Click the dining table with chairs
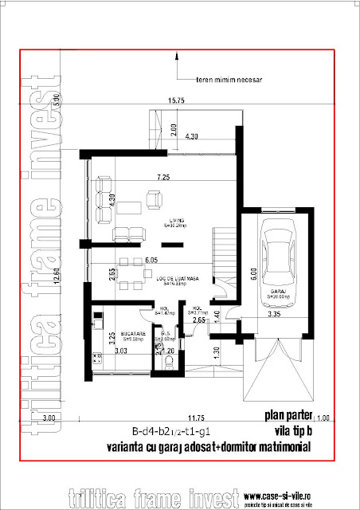click(136, 270)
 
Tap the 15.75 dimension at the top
click(176, 100)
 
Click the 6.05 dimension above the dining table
click(153, 260)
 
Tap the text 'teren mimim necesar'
click(232, 80)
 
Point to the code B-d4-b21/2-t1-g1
click(161, 430)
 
